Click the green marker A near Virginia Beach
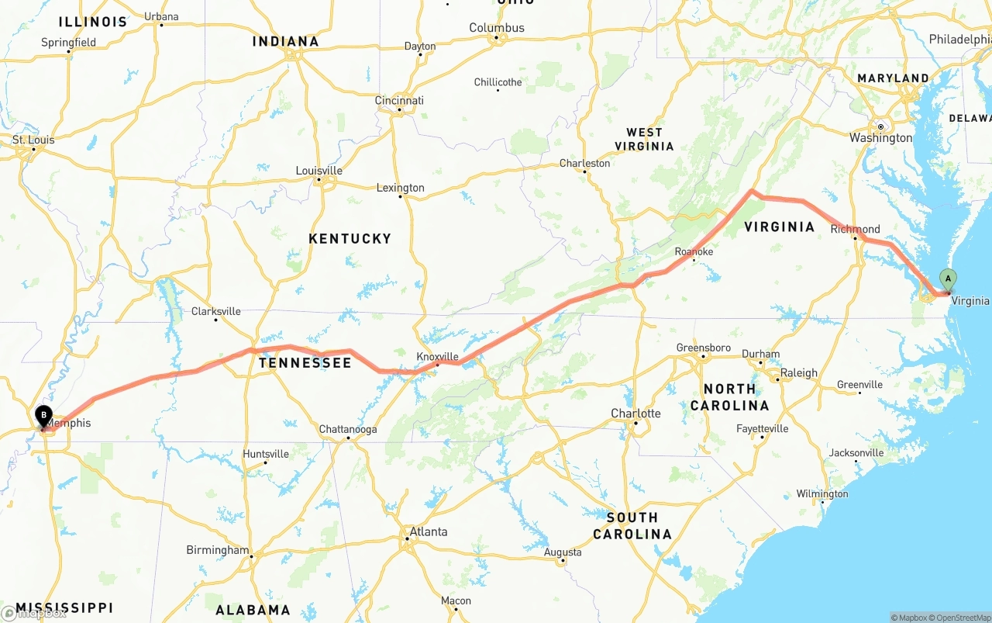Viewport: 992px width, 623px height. coord(947,279)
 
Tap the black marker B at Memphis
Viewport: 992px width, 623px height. coord(43,416)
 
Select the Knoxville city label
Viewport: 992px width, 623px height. coord(439,356)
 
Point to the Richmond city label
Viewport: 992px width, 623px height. coord(855,229)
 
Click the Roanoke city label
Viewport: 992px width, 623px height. coord(694,251)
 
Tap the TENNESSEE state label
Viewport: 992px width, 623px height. coord(305,363)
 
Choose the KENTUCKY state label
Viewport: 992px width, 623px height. coord(350,238)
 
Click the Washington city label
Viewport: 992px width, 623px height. coord(880,137)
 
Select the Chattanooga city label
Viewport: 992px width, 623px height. coord(348,429)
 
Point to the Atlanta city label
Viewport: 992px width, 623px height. coord(428,531)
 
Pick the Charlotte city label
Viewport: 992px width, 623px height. coord(635,413)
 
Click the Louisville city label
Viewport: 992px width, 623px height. coord(319,171)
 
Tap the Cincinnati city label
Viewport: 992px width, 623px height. coord(399,101)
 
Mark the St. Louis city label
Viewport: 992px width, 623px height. coord(33,140)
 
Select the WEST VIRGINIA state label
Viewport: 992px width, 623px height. coord(644,139)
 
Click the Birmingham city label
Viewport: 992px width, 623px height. coord(218,550)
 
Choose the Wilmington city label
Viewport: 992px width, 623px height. coord(822,493)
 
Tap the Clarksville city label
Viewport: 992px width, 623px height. coord(216,311)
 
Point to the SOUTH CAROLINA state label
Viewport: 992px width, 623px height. coord(632,525)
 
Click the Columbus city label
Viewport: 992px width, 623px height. coord(497,28)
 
